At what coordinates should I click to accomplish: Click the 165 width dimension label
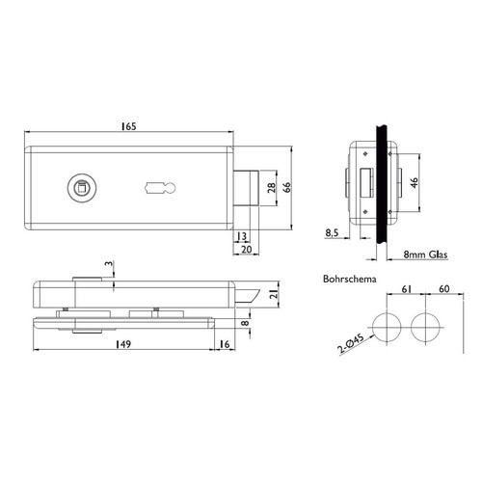pos(128,126)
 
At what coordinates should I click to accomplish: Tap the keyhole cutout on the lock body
pos(160,188)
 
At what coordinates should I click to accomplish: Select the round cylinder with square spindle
pos(82,188)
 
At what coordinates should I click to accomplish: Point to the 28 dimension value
pos(272,188)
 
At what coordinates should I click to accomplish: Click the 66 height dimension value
pos(287,187)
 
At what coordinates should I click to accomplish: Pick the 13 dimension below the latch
pos(241,236)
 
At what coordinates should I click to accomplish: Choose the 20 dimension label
pos(247,249)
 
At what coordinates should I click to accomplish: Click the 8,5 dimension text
pos(332,232)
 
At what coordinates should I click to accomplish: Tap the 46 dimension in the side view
pos(415,182)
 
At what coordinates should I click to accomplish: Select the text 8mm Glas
pos(425,254)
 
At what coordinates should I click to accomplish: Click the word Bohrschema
pos(350,279)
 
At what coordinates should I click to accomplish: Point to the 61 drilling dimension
pos(407,289)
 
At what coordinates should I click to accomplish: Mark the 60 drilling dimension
pos(443,289)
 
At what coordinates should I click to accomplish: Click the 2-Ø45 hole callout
pos(351,343)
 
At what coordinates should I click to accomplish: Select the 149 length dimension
pos(123,344)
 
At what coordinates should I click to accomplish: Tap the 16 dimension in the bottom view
pos(225,344)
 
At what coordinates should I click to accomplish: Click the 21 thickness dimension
pos(274,294)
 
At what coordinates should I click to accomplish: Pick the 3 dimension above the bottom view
pos(109,264)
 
